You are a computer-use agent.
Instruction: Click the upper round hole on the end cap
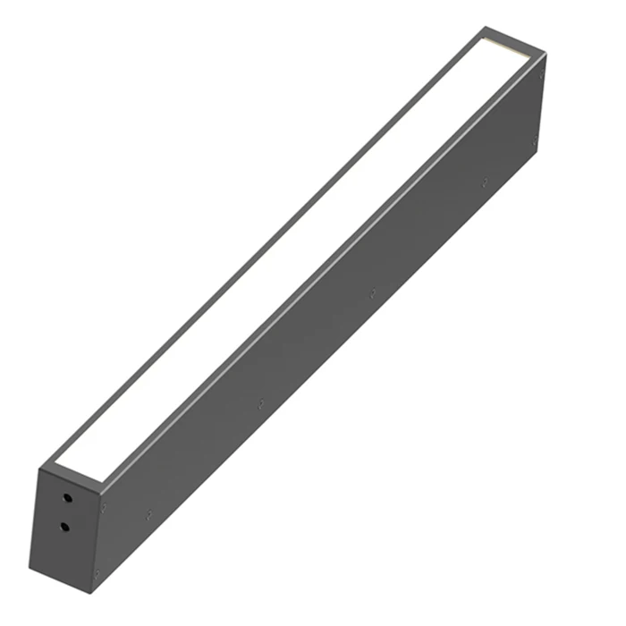[x=64, y=494]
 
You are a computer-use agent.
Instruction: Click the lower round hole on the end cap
[x=64, y=526]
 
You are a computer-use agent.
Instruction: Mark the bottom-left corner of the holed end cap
[x=31, y=567]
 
